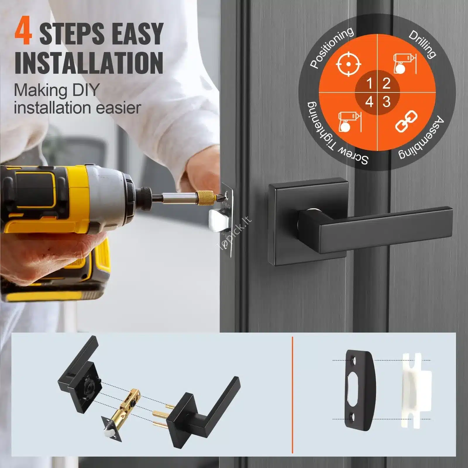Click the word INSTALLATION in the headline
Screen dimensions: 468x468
[89, 63]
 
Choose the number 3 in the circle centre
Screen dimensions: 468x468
[386, 102]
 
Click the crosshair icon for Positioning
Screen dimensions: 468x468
[349, 64]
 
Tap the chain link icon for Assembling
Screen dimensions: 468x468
[406, 122]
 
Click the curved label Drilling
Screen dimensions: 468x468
[422, 44]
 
